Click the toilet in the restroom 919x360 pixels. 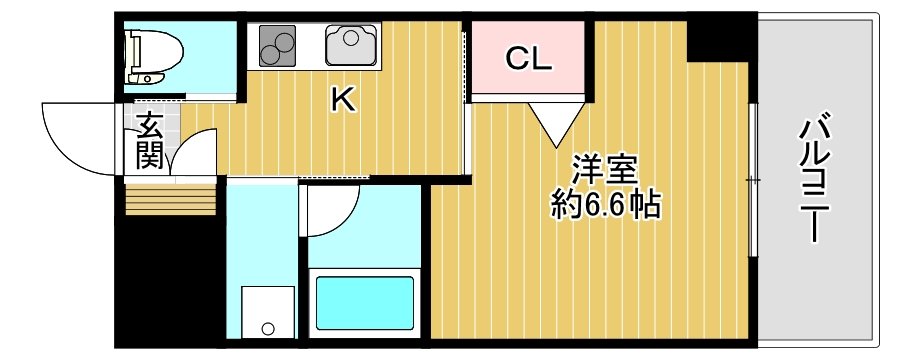pyautogui.click(x=154, y=55)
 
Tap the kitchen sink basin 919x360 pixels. pyautogui.click(x=351, y=44)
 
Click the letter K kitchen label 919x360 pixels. pyautogui.click(x=343, y=100)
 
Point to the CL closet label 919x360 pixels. pyautogui.click(x=529, y=59)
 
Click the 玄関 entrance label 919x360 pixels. pyautogui.click(x=149, y=141)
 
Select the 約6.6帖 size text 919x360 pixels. pyautogui.click(x=606, y=205)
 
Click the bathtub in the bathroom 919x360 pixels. pyautogui.click(x=365, y=303)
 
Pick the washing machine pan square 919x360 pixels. pyautogui.click(x=268, y=312)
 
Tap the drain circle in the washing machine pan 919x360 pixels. pyautogui.click(x=268, y=328)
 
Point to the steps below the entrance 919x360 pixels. pyautogui.click(x=171, y=199)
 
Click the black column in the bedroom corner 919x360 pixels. pyautogui.click(x=719, y=39)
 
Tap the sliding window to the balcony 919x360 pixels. pyautogui.click(x=753, y=179)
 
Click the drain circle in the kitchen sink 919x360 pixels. pyautogui.click(x=350, y=39)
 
